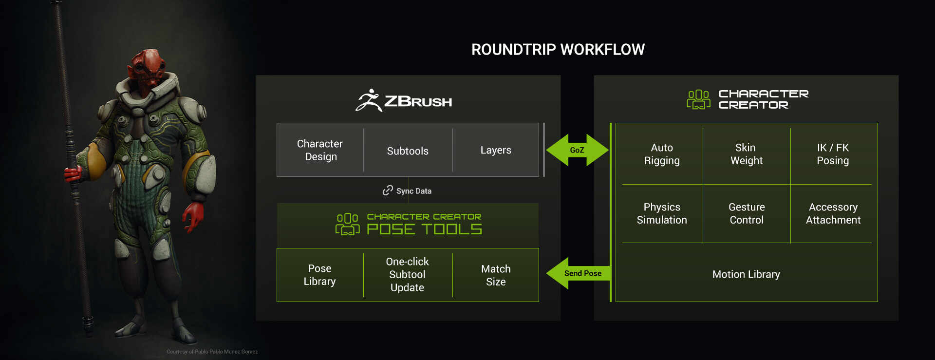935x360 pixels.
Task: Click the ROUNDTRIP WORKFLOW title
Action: click(x=558, y=50)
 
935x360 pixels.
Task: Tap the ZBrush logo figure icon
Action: click(x=369, y=100)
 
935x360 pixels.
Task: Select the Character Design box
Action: click(x=320, y=150)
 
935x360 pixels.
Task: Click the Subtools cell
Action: click(x=408, y=151)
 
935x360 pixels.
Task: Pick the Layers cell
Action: click(x=496, y=150)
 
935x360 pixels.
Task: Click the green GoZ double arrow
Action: click(x=577, y=150)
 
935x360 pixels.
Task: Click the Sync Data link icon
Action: click(x=388, y=190)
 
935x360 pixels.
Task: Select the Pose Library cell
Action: click(x=319, y=275)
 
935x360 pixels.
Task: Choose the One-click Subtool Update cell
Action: click(x=407, y=275)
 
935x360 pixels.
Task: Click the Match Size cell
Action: click(x=496, y=275)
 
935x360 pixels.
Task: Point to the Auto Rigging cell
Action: click(x=662, y=154)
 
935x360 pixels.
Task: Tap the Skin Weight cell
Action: click(x=746, y=154)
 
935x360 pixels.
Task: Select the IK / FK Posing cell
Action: click(x=833, y=154)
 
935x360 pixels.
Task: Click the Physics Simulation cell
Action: click(x=662, y=213)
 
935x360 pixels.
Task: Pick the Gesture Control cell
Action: click(x=747, y=213)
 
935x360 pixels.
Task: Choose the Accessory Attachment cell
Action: click(x=833, y=213)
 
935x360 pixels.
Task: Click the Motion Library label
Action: click(x=746, y=274)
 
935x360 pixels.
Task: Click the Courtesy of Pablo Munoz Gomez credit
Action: click(x=212, y=352)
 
